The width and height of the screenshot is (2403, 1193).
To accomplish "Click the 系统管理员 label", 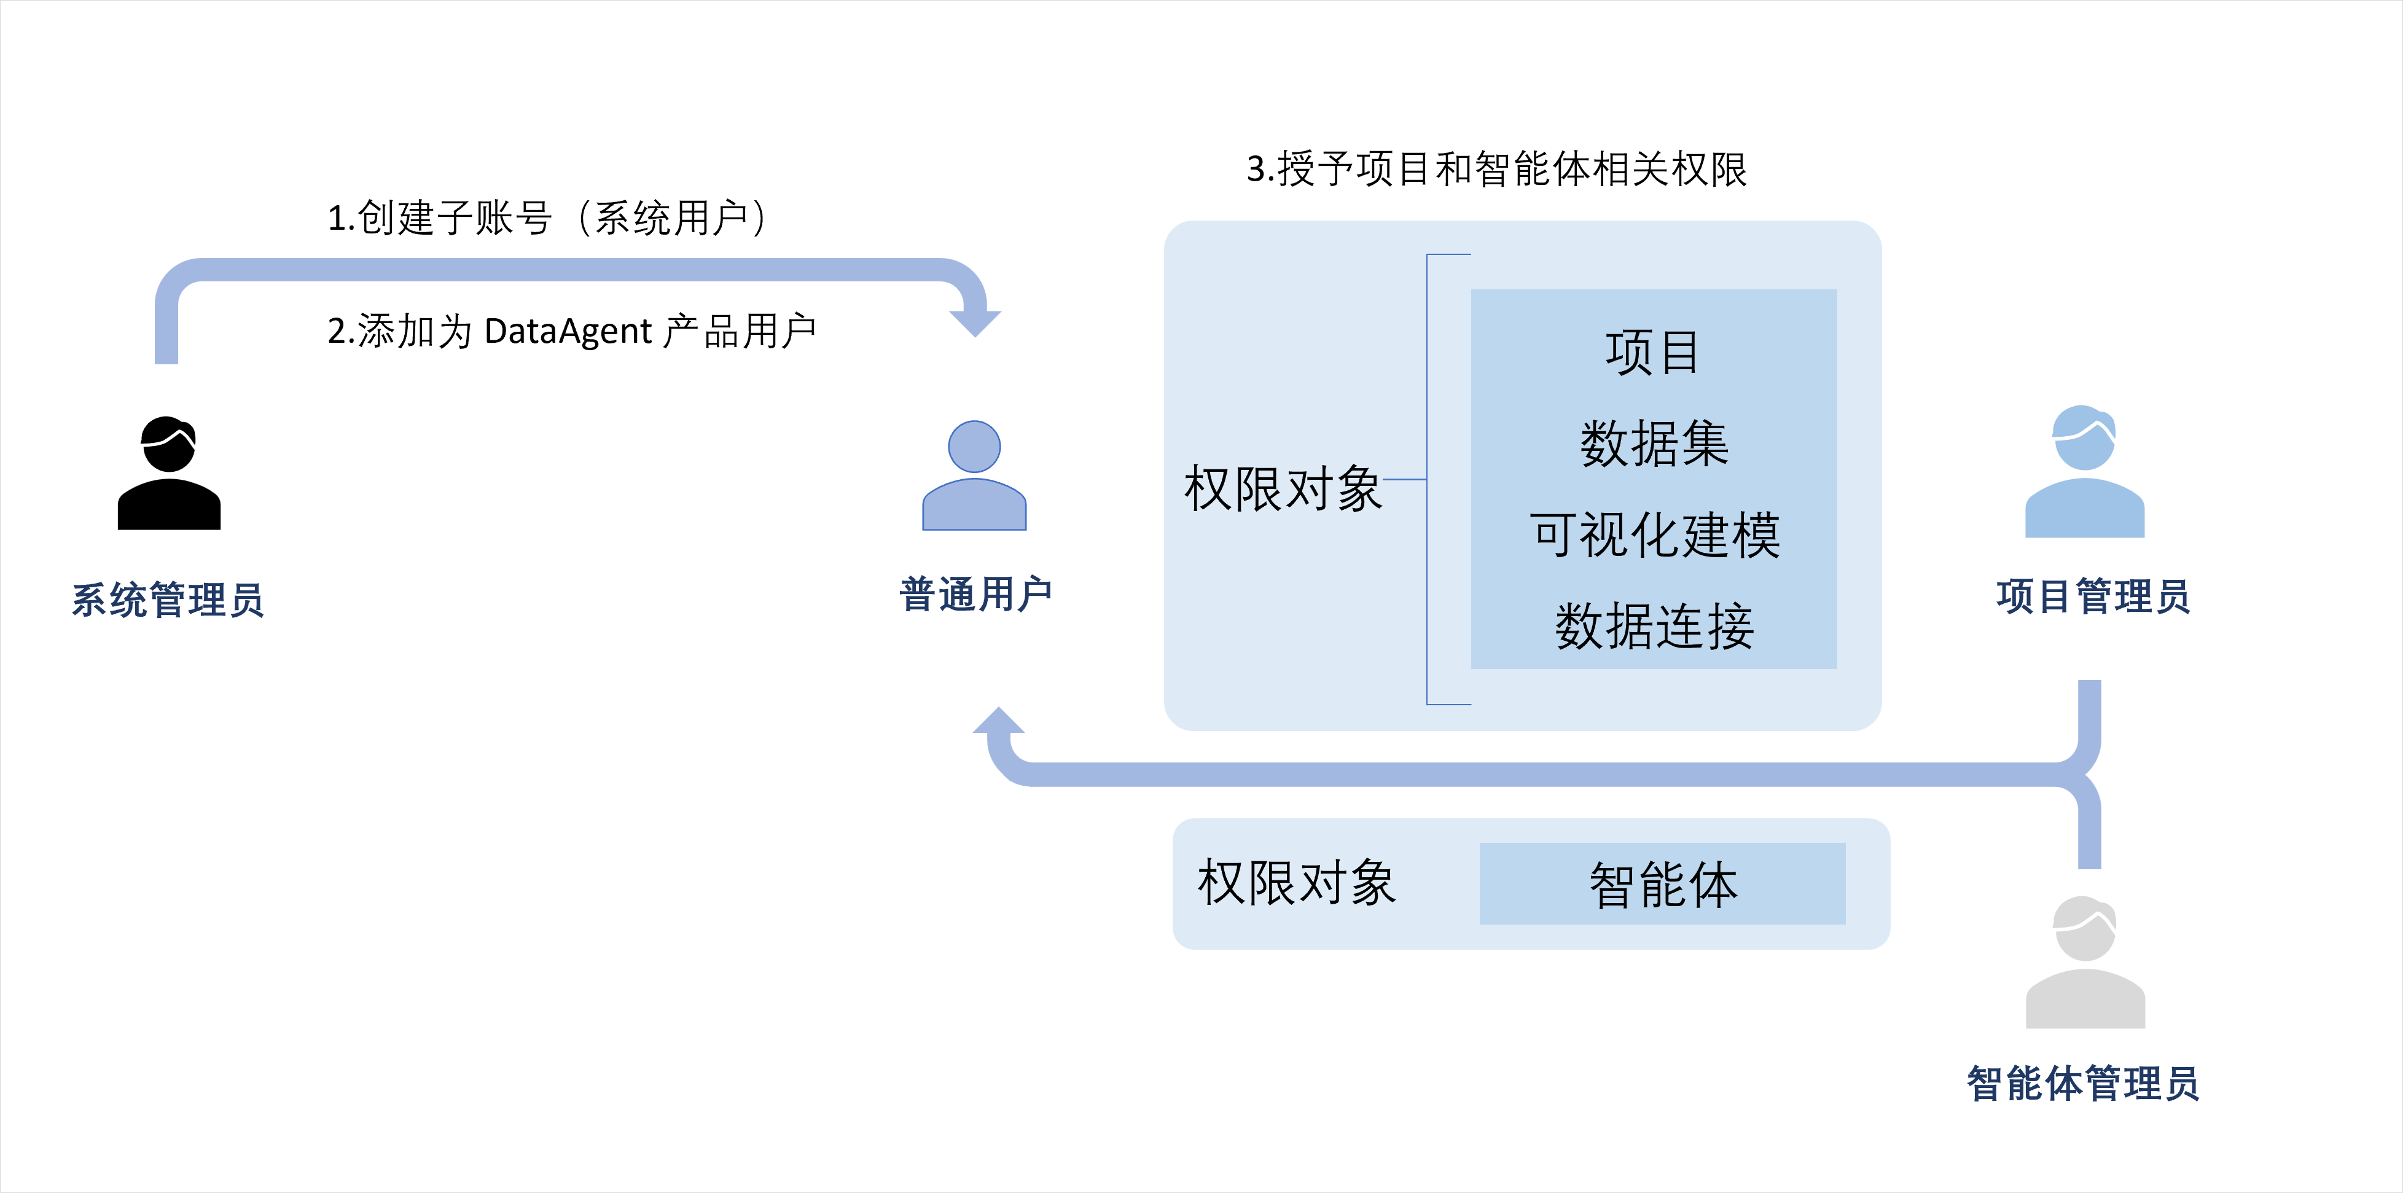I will pyautogui.click(x=168, y=600).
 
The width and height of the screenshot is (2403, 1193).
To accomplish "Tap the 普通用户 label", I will pyautogui.click(x=975, y=594).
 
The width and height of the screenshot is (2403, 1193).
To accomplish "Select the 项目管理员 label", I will pyautogui.click(x=2092, y=596).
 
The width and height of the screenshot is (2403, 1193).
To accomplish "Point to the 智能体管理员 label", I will pyautogui.click(x=2082, y=1084).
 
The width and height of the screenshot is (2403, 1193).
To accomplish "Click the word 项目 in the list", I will pyautogui.click(x=1653, y=353).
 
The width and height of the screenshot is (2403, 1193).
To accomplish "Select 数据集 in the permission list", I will pyautogui.click(x=1654, y=443).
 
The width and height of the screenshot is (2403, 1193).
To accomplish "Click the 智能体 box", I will pyautogui.click(x=1662, y=884).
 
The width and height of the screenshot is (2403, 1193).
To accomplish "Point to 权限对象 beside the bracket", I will pyautogui.click(x=1283, y=488).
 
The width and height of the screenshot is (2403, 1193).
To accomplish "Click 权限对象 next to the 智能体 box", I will pyautogui.click(x=1297, y=882).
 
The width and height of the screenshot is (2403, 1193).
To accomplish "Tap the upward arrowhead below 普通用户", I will pyautogui.click(x=999, y=724).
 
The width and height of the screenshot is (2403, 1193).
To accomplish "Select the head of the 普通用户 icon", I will pyautogui.click(x=974, y=446).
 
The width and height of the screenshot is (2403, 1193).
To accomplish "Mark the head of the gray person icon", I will pyautogui.click(x=2085, y=929).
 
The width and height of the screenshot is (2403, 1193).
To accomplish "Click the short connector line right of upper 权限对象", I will pyautogui.click(x=1405, y=479).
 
